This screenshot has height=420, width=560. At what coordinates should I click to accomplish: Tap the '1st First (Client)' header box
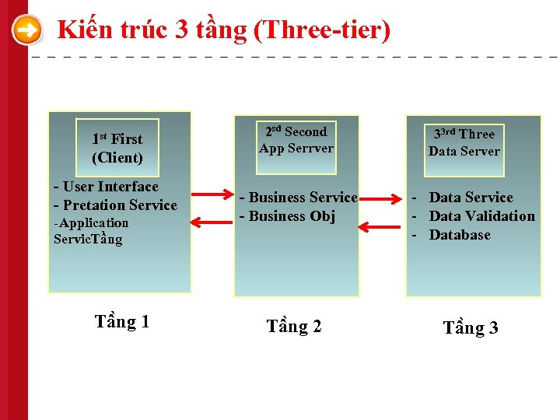click(117, 148)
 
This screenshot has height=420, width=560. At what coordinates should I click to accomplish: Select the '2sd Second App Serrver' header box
click(296, 140)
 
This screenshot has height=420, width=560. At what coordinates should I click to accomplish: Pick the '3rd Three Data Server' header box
click(464, 143)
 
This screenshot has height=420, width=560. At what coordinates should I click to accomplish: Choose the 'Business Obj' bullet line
click(292, 216)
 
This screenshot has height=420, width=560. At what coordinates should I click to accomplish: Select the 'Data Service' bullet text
click(471, 198)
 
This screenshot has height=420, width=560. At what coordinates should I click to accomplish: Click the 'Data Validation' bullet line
click(481, 216)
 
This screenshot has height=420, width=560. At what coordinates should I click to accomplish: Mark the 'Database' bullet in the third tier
click(460, 235)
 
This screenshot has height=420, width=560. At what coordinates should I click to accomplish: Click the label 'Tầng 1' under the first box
click(121, 322)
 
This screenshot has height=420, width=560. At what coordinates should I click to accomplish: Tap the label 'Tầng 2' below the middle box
click(293, 327)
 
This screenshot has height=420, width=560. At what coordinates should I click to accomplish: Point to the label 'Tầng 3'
click(470, 328)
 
